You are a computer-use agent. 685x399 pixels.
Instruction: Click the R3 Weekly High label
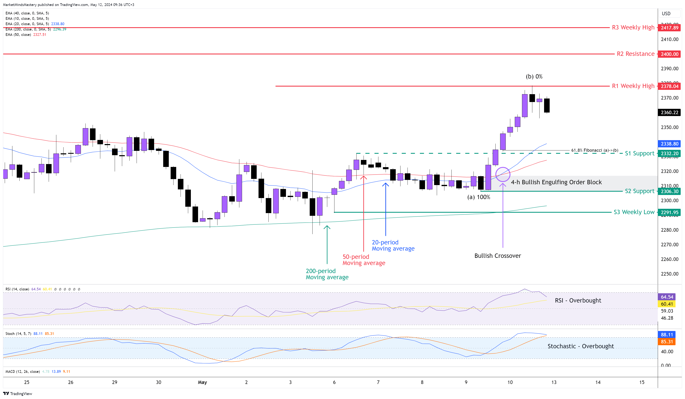[633, 27]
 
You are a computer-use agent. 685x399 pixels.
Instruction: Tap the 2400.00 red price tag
[669, 54]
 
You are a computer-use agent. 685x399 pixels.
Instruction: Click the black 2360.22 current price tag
[669, 113]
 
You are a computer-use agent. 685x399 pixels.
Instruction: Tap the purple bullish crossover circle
[503, 174]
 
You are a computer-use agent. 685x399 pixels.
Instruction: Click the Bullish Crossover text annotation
[497, 256]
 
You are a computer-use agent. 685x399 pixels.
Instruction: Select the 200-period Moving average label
[327, 274]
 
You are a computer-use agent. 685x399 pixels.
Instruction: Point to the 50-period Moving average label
[364, 260]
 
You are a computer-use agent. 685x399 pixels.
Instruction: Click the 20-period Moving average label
[393, 245]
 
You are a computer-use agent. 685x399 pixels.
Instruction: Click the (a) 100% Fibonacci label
[478, 197]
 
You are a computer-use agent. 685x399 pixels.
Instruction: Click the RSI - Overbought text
[578, 300]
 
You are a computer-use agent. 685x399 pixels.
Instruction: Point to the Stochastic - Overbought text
[581, 346]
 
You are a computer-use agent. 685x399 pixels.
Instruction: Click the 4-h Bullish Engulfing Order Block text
[556, 182]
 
